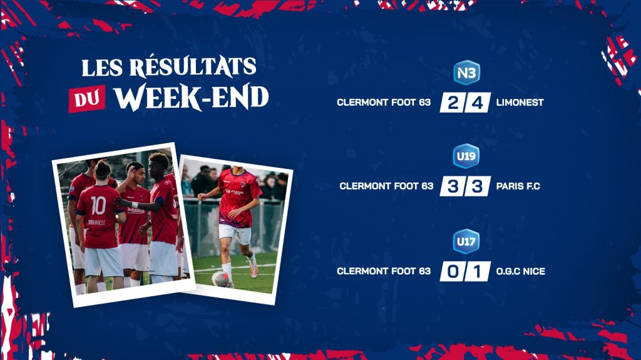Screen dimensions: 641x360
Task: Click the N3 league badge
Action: (466, 73)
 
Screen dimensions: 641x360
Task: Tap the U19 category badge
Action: (466, 156)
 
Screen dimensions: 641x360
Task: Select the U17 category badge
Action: (466, 242)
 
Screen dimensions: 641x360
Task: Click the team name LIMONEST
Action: (520, 102)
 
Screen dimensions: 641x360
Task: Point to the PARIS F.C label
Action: (518, 186)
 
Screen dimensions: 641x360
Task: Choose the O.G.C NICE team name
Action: (520, 271)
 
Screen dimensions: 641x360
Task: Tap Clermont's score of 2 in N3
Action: (453, 103)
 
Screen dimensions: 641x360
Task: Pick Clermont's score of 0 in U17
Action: (453, 272)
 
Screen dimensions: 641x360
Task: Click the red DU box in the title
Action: (86, 98)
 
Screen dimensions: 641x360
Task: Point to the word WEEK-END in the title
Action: (192, 97)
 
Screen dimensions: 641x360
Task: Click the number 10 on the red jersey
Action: (98, 205)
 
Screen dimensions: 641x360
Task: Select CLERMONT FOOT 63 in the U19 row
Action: (386, 186)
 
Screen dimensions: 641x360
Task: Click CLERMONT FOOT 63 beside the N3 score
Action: (384, 102)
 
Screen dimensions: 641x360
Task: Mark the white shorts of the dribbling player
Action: (235, 234)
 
